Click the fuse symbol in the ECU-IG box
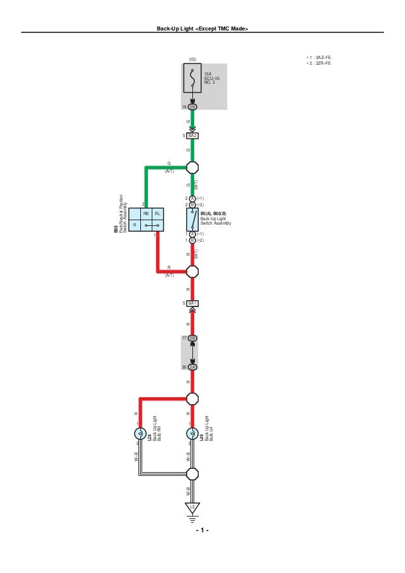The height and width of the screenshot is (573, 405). tap(192, 82)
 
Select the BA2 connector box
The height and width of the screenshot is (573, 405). tap(192, 136)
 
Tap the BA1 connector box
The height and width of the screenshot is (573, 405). tap(192, 303)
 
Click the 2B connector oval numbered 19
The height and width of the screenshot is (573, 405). tap(192, 107)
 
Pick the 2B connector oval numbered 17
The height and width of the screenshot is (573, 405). tap(192, 338)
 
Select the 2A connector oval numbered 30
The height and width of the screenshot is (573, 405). tap(192, 367)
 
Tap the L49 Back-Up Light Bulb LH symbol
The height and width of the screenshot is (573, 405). tap(192, 435)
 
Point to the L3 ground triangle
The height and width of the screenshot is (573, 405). tap(192, 508)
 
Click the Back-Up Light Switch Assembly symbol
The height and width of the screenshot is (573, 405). tap(192, 220)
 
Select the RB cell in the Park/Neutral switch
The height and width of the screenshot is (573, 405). tap(146, 214)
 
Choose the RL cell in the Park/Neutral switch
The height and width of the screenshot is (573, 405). tap(157, 214)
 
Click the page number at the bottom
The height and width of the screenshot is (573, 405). tap(202, 530)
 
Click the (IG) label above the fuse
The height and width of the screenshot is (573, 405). tap(192, 59)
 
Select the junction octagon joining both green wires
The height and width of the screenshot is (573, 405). tap(192, 168)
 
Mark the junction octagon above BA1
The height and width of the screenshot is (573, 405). tap(192, 272)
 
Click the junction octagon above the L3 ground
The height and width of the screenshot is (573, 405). tap(192, 473)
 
